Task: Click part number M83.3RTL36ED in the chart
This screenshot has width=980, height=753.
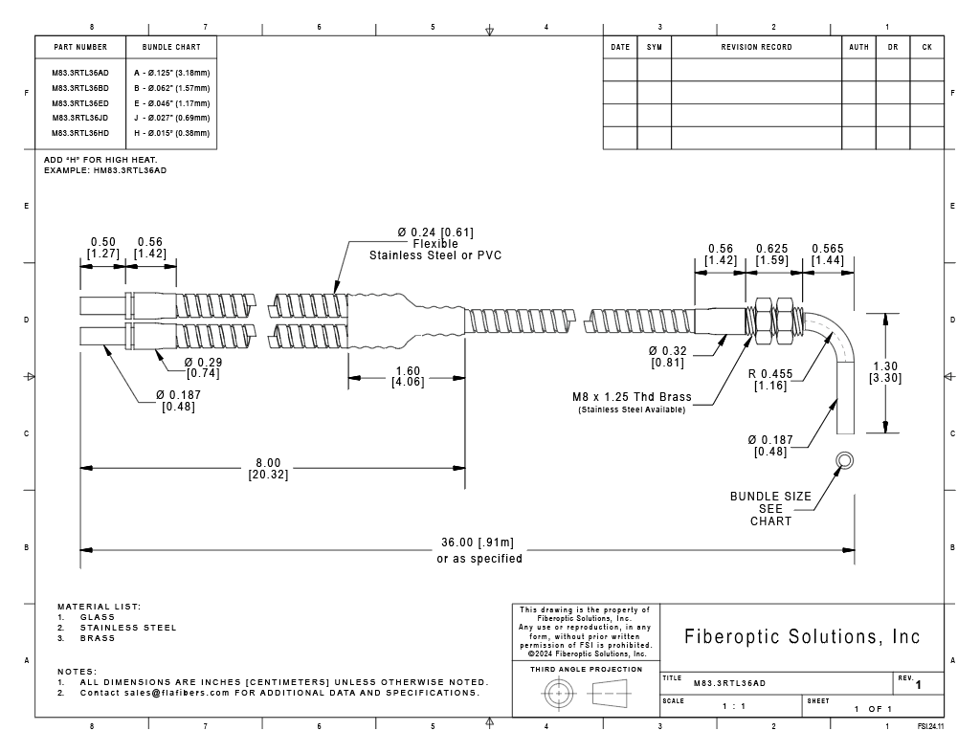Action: (x=80, y=103)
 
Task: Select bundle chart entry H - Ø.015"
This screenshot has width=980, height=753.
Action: (x=172, y=133)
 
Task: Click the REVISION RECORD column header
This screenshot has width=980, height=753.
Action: (x=756, y=47)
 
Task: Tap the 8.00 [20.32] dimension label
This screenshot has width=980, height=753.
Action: (x=268, y=469)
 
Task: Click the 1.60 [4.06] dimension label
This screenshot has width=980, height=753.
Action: (x=408, y=377)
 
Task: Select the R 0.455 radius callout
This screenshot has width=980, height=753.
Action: (x=770, y=380)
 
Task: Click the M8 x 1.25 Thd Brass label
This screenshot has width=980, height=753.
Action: (x=632, y=397)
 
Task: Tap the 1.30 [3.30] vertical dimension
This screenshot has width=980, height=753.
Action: (x=885, y=372)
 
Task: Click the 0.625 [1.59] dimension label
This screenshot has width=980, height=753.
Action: (x=772, y=255)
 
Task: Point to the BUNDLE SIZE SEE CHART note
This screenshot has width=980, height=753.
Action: (x=770, y=509)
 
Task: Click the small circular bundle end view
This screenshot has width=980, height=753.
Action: (x=844, y=461)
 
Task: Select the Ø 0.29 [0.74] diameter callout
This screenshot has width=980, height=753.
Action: (x=203, y=367)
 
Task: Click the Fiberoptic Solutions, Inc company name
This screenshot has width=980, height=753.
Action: (x=802, y=636)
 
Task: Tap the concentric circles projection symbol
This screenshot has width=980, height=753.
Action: (x=558, y=694)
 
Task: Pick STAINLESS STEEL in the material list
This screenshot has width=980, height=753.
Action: (x=128, y=628)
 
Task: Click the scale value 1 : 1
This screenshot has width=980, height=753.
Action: (x=734, y=707)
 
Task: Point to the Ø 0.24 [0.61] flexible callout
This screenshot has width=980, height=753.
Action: (x=435, y=244)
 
